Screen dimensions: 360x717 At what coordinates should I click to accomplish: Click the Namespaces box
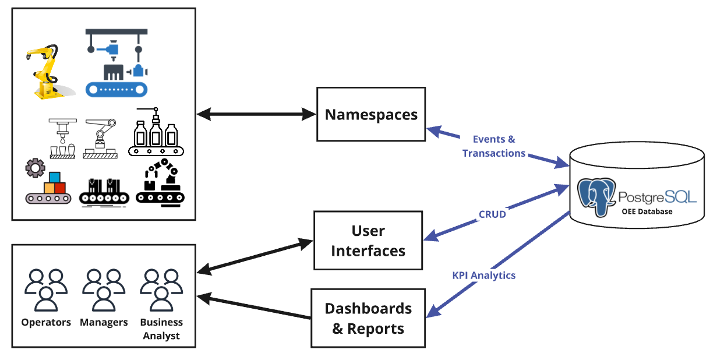coord(371,114)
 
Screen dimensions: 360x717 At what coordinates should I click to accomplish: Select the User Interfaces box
coord(368,241)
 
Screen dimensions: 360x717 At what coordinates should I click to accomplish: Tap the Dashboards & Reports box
coord(368,318)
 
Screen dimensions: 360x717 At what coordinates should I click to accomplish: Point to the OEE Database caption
coord(646,211)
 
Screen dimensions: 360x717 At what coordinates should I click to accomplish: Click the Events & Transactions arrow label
coord(494,146)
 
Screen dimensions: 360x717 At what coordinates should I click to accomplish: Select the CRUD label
coord(492,214)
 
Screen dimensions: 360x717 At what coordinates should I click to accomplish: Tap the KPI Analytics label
coord(483,275)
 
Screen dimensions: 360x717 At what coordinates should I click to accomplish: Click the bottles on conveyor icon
coord(156,133)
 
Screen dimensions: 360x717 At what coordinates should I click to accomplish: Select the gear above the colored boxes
coord(35,169)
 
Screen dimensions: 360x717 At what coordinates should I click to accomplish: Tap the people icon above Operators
coord(46,290)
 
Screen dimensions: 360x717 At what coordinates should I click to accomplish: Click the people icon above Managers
coord(104,290)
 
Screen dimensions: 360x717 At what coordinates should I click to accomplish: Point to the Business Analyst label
coord(161,329)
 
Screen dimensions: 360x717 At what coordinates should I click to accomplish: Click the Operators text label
coord(46,322)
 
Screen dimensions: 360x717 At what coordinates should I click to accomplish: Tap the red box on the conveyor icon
coord(60,188)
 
